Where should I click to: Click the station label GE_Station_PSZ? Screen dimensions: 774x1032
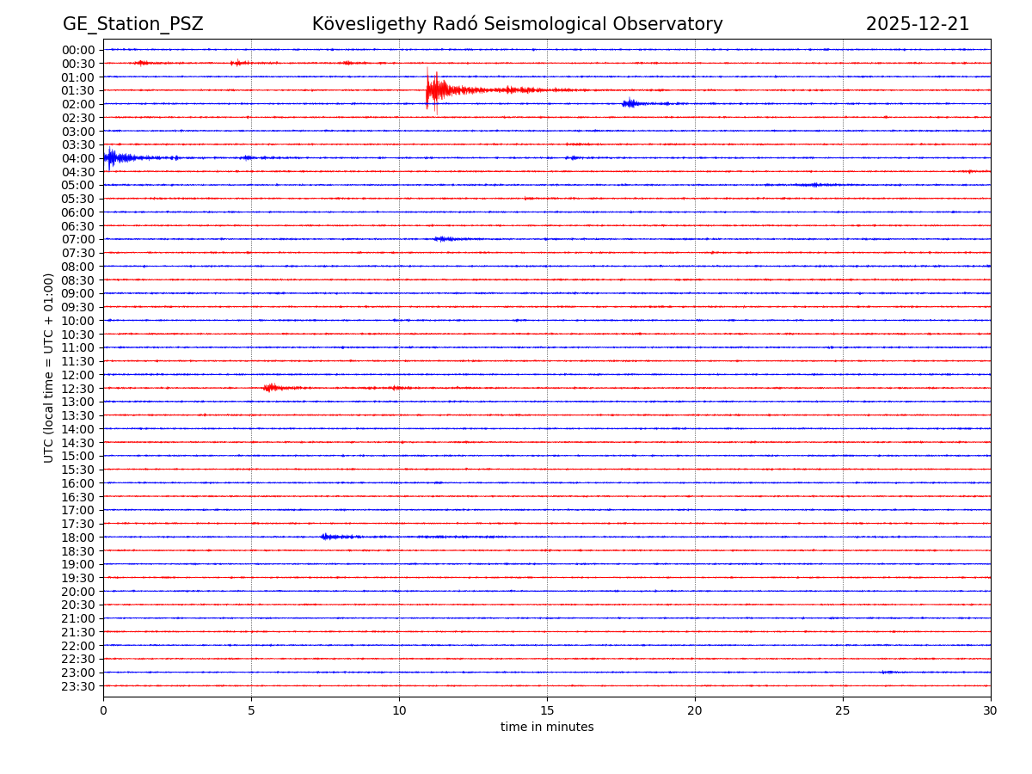tap(132, 24)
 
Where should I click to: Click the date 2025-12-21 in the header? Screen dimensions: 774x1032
tap(917, 24)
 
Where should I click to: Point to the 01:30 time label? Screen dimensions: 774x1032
tap(78, 90)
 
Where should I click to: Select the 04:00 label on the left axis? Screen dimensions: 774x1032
tap(78, 158)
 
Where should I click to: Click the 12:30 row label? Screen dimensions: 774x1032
tap(78, 389)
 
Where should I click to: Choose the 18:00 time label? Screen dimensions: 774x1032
tap(78, 537)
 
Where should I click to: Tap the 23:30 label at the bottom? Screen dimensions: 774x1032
tap(78, 686)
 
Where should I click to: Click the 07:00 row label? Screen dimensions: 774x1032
tap(78, 239)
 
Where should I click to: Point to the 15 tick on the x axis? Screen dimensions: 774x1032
tap(547, 711)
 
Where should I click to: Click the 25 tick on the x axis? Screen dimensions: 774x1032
tap(843, 711)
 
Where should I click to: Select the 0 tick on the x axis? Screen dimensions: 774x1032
tap(103, 711)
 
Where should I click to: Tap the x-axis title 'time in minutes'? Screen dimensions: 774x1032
tap(547, 728)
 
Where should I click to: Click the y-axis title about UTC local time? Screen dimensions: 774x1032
tap(49, 367)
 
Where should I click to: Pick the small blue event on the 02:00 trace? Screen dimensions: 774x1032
tap(632, 103)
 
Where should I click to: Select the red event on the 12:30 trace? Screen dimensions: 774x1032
tap(272, 388)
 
